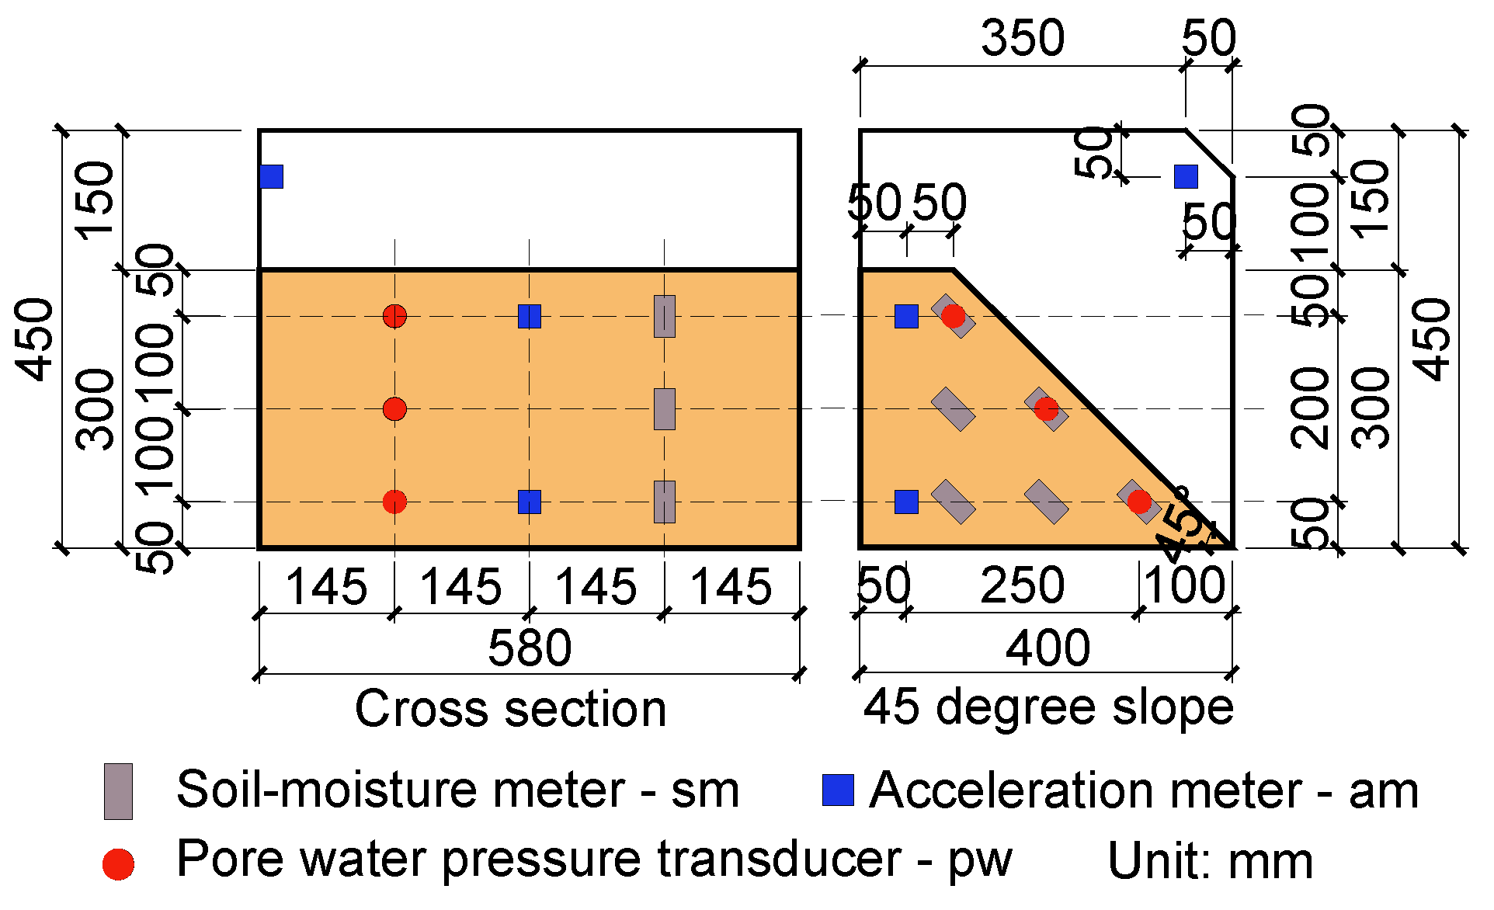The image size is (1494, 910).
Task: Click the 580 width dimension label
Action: coord(530,648)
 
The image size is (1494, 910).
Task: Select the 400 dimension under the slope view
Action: coord(1048,648)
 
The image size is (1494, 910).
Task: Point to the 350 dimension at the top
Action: coord(1023,38)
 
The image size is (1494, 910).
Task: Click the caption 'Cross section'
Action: coord(510,708)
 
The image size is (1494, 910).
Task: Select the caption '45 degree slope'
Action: coord(1048,707)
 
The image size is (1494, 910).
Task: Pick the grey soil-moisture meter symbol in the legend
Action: coord(118,791)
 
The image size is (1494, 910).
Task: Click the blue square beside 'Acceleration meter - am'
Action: coord(838,790)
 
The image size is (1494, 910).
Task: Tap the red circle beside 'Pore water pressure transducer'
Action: coord(118,864)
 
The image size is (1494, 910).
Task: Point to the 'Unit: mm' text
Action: coord(1210,861)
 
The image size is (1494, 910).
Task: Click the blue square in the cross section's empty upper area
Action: coord(271,177)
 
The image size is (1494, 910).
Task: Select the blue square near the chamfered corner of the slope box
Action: coord(1186,177)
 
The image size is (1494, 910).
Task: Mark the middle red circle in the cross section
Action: coord(394,408)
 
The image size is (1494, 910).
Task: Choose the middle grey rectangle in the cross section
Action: coord(664,408)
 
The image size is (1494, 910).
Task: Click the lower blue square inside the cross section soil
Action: coord(530,502)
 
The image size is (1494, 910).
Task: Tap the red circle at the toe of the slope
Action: coord(1139,502)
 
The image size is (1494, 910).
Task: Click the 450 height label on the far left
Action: coord(36,339)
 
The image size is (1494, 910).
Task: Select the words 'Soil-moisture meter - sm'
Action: coord(457,790)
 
